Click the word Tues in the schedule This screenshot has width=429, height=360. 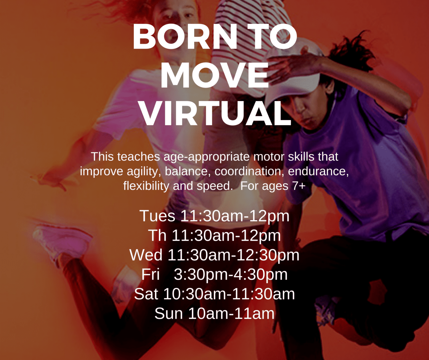coord(157,216)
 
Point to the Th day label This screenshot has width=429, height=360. coord(157,235)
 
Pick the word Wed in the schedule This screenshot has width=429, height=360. coord(146,255)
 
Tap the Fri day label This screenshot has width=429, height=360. coord(151,274)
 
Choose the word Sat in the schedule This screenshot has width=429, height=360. coord(146,294)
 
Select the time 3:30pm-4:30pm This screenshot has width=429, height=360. coord(230,274)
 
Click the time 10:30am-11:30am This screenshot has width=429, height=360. coord(229,294)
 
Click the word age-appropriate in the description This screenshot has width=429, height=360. coord(207,157)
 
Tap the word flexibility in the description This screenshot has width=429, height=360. coord(146,186)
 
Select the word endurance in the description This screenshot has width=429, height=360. coord(318,171)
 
